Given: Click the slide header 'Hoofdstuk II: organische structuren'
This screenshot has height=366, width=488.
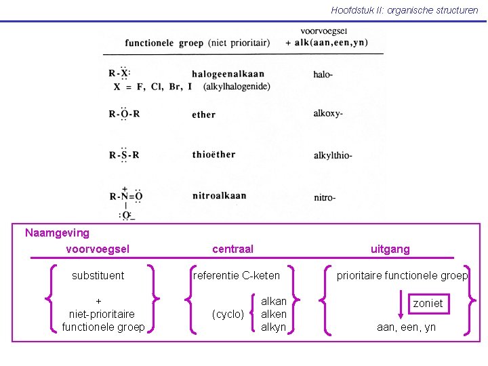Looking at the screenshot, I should [404, 10].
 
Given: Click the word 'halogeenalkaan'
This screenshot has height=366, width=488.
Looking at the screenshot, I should [228, 74].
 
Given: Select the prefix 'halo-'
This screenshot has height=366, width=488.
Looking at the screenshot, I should [323, 74].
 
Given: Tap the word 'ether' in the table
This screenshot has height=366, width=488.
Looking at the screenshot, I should [203, 115].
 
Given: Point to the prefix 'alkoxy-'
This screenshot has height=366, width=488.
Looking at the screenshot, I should [328, 114].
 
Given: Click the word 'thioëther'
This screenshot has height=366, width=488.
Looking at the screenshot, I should [213, 155].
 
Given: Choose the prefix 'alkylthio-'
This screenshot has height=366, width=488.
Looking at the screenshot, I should [333, 156].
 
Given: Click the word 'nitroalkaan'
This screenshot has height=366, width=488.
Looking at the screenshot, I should [219, 195].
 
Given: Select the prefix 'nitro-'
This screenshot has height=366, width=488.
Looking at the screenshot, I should [325, 197].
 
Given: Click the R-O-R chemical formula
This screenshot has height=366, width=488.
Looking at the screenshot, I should [124, 114].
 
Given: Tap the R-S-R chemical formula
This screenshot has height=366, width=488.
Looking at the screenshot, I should [124, 155].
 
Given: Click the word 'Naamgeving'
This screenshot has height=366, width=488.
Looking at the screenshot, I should [57, 233].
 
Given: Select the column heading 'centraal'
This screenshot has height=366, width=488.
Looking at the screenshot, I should [232, 249].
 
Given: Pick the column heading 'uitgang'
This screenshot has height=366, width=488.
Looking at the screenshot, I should [390, 249].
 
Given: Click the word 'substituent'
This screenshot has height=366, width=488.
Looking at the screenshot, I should [98, 275].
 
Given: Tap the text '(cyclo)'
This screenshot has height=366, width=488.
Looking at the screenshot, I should [228, 314].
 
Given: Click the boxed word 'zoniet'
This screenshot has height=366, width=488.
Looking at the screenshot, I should [428, 303].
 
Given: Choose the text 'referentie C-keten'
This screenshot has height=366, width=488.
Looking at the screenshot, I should [237, 275].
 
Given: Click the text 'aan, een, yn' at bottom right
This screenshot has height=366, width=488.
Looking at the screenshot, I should [407, 327].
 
